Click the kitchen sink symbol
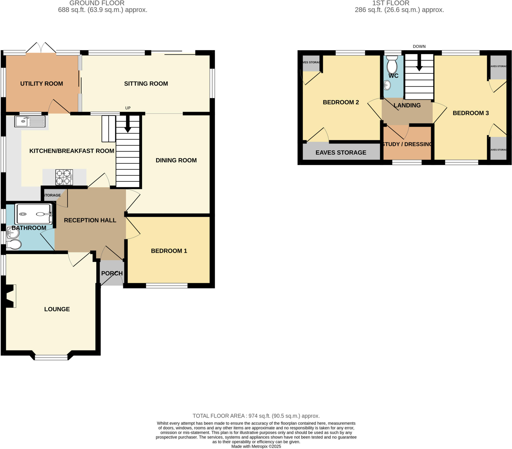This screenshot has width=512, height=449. tap(30, 121)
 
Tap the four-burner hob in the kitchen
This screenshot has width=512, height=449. tap(64, 177)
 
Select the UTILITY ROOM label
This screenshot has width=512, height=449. tap(41, 84)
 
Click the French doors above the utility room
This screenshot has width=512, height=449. tap(41, 48)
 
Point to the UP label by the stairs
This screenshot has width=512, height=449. tap(128, 108)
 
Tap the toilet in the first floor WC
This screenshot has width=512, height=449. tap(392, 65)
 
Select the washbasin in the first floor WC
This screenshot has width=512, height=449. tap(387, 85)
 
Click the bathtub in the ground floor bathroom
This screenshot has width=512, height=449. tap(33, 214)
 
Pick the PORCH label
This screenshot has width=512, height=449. tap(112, 273)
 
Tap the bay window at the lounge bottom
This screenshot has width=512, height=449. tap(51, 357)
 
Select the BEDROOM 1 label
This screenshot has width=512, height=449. tap(169, 251)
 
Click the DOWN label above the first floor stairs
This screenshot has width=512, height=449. tap(419, 46)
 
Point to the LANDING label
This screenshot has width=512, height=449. tap(407, 105)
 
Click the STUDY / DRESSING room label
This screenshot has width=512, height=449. tap(407, 144)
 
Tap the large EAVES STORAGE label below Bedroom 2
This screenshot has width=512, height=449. tap(341, 152)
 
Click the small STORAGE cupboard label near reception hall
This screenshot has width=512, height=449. tap(52, 195)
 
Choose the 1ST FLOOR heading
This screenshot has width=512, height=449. tap(390, 3)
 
